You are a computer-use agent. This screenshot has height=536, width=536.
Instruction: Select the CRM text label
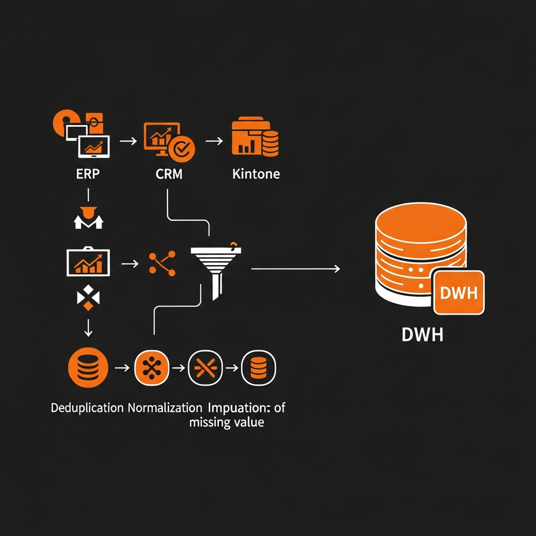point(169,174)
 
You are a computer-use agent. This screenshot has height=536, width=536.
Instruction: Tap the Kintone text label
point(256,174)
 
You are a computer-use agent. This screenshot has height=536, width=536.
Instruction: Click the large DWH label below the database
point(422,335)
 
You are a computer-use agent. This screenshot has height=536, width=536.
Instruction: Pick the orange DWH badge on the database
point(459,293)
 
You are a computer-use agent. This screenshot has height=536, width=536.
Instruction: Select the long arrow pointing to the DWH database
point(296,269)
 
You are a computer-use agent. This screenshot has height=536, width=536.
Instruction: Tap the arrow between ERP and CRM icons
point(128,141)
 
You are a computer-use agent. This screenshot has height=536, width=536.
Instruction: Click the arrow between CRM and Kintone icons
point(214,141)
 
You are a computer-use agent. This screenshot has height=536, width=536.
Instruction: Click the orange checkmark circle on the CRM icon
point(184,148)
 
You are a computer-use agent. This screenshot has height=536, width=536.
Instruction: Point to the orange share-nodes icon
point(162,263)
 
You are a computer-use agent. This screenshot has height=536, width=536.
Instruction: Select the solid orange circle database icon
point(88,367)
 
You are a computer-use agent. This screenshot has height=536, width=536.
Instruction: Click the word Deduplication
point(87,408)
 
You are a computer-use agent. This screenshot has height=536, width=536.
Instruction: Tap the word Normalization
point(164,408)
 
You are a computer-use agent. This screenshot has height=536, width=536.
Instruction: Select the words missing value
point(226,422)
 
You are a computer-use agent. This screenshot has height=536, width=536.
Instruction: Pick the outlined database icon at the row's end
point(259,367)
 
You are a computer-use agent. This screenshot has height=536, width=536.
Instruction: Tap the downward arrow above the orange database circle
point(88,328)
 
